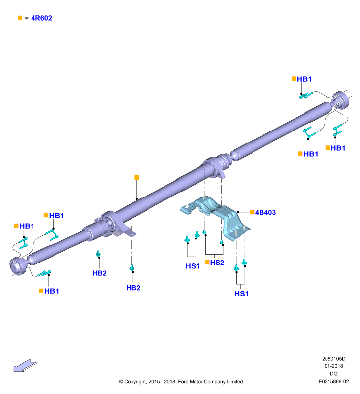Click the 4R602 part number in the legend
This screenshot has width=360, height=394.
click(x=41, y=18)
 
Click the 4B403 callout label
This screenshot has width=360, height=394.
click(x=265, y=213)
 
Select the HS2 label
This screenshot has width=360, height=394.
click(x=217, y=263)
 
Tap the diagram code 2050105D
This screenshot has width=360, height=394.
click(x=333, y=359)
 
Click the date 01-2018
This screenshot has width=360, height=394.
click(x=333, y=366)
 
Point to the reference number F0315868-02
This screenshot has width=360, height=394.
click(x=333, y=381)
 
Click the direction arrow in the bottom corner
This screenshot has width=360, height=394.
click(x=25, y=366)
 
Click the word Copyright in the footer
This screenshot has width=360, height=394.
click(x=135, y=382)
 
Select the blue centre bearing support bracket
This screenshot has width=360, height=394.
click(x=215, y=217)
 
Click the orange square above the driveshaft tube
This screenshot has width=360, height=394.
click(x=137, y=178)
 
